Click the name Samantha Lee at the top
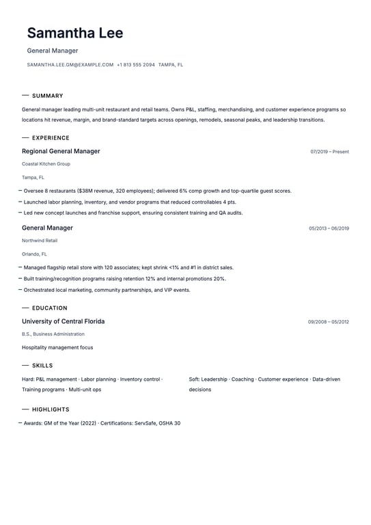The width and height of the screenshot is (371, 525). click(x=75, y=33)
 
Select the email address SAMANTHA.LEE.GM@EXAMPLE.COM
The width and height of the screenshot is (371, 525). click(x=70, y=65)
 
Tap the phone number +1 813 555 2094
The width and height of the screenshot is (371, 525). click(x=136, y=65)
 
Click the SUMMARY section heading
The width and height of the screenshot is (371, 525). click(x=47, y=96)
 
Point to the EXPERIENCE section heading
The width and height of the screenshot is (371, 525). click(x=51, y=138)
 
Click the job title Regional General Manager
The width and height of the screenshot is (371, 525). click(x=61, y=151)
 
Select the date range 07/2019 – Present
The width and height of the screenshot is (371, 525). click(x=329, y=152)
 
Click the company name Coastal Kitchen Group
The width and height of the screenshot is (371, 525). click(x=46, y=164)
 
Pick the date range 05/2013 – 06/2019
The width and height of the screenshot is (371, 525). click(x=329, y=228)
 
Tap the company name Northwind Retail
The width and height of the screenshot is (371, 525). click(x=40, y=241)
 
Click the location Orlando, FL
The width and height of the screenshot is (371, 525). click(x=34, y=254)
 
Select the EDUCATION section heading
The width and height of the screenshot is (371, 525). click(x=50, y=308)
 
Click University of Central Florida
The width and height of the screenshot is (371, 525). click(x=63, y=321)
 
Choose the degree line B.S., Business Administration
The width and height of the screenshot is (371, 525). click(x=53, y=334)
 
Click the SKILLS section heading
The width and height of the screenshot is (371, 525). click(x=42, y=366)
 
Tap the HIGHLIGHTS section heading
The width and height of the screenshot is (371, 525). click(x=51, y=409)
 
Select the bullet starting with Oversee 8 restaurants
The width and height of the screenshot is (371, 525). click(x=157, y=191)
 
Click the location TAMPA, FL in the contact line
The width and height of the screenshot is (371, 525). click(x=171, y=65)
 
